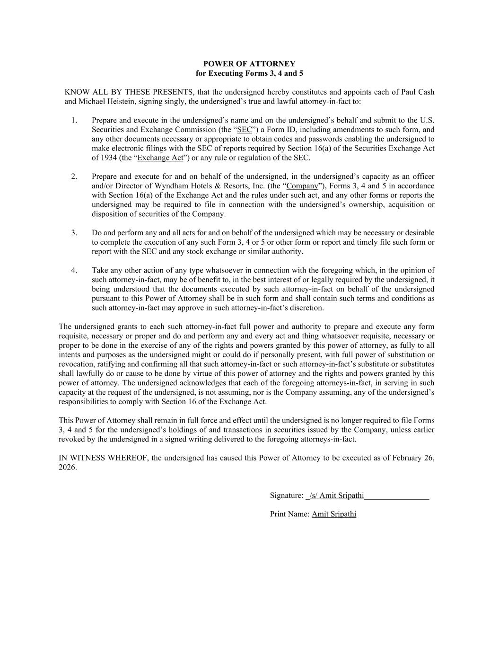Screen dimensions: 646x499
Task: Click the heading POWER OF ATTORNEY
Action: pos(249,64)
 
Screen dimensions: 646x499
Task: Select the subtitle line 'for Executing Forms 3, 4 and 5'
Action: pos(249,73)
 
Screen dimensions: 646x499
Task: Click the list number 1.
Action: pos(74,120)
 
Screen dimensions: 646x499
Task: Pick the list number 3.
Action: pos(74,233)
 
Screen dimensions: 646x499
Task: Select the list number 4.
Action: pos(74,270)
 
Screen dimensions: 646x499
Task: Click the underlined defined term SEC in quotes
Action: pos(245,130)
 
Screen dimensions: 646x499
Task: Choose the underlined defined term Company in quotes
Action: pos(302,186)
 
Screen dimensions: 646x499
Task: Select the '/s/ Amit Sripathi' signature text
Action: pos(337,496)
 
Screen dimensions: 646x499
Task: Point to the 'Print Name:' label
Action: pos(289,514)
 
